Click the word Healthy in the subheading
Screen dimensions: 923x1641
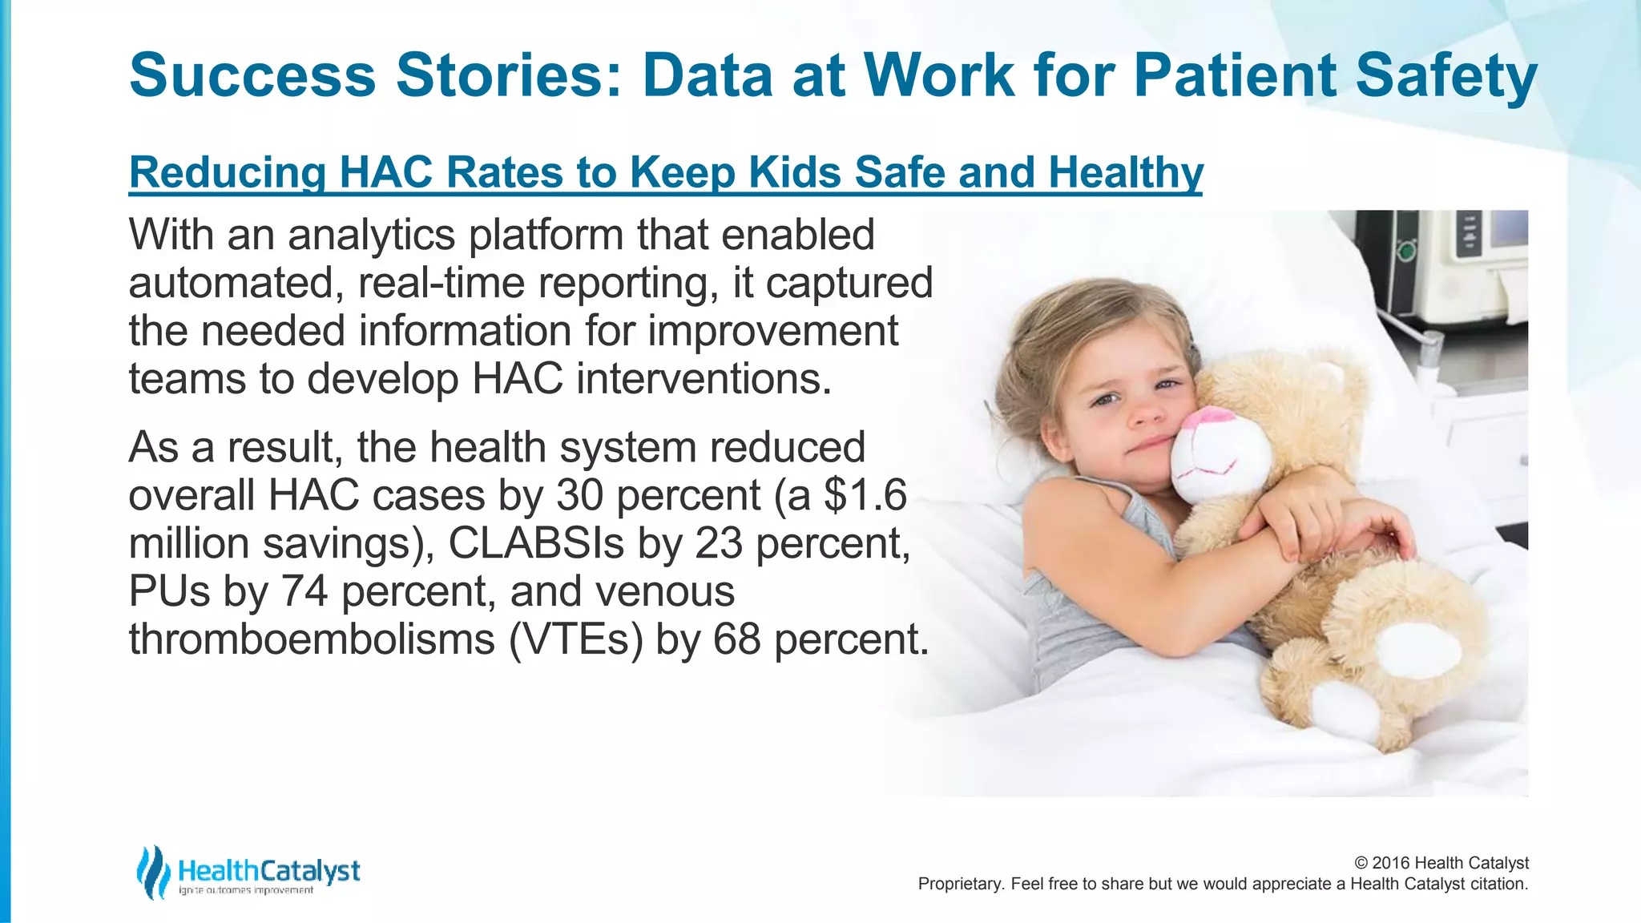point(1125,172)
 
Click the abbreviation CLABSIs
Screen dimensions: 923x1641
point(535,543)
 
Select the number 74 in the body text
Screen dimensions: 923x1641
point(304,591)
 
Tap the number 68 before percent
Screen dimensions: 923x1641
point(736,639)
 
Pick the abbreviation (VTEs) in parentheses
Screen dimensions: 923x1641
point(575,639)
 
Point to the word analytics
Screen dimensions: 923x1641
point(377,236)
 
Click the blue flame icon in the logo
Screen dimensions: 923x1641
point(152,872)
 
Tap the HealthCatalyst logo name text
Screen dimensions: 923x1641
point(269,870)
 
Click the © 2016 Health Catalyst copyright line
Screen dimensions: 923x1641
point(1441,863)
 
